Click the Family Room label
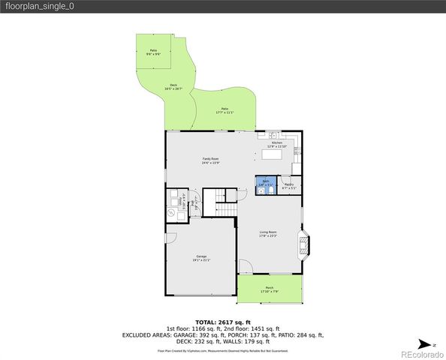(x=210, y=160)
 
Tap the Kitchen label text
(x=277, y=145)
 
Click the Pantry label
(x=289, y=186)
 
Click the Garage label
(x=201, y=258)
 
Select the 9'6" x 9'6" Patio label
(x=153, y=52)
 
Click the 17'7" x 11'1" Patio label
(x=225, y=110)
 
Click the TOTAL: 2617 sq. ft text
(x=223, y=321)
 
